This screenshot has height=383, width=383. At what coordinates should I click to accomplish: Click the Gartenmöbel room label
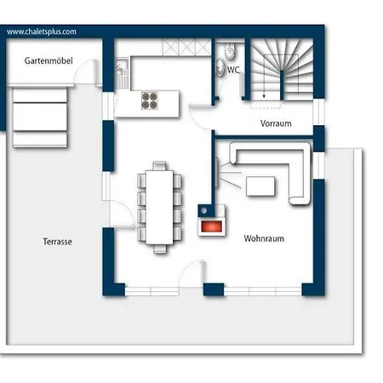click(x=49, y=60)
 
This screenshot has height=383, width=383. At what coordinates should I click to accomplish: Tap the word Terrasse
click(x=57, y=242)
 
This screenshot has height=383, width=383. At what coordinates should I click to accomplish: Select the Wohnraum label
click(x=264, y=238)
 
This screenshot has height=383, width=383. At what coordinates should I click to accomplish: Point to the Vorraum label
click(x=276, y=123)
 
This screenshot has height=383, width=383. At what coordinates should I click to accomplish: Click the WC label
click(x=233, y=70)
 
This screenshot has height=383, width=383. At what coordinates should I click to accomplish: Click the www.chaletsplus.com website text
click(x=42, y=31)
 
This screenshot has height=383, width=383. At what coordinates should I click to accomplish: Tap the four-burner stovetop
click(x=150, y=100)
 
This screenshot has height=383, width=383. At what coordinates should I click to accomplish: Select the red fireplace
click(x=212, y=226)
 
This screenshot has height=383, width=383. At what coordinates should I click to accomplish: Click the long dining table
click(x=159, y=207)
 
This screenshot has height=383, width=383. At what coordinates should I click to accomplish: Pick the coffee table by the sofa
click(x=260, y=186)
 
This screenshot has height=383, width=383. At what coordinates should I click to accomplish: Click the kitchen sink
click(x=122, y=68)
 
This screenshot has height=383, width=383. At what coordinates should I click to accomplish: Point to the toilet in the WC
click(x=230, y=51)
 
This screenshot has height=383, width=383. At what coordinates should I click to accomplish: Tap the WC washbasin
click(x=220, y=67)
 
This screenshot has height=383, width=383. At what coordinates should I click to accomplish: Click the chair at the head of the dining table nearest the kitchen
click(x=159, y=166)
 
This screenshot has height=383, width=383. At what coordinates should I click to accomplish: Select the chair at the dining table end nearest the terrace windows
click(x=160, y=249)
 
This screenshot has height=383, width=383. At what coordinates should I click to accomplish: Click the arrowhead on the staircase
click(x=264, y=96)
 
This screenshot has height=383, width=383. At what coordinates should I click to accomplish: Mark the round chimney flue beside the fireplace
click(x=204, y=210)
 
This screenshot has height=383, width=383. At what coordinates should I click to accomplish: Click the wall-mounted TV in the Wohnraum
click(x=216, y=173)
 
